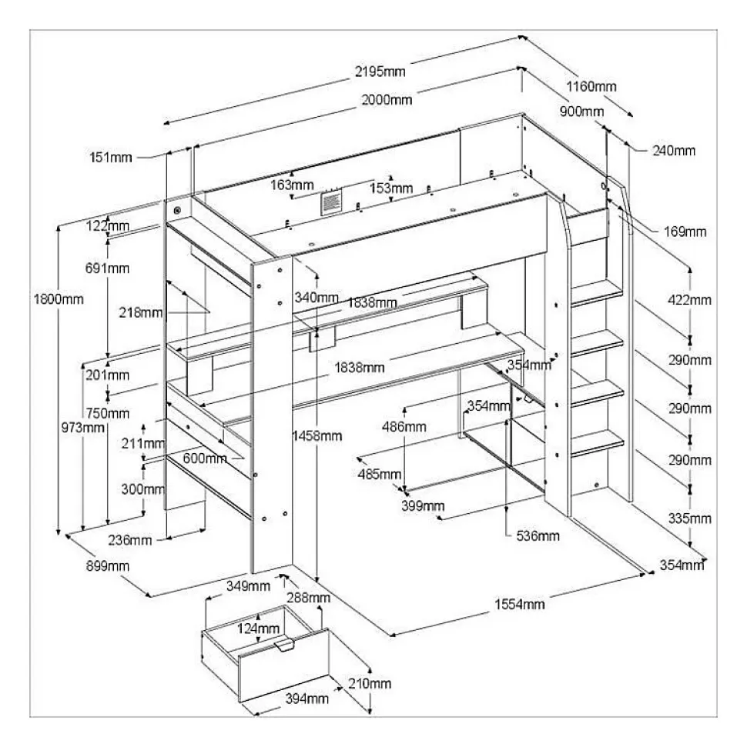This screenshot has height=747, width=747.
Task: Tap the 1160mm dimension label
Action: click(x=591, y=86)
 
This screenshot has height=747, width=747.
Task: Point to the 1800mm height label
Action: click(x=59, y=298)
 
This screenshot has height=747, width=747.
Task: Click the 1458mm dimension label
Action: click(x=317, y=436)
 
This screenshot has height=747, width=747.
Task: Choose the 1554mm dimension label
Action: click(x=519, y=605)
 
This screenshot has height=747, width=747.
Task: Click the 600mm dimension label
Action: click(x=205, y=459)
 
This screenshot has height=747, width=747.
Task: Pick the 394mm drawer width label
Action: click(x=306, y=699)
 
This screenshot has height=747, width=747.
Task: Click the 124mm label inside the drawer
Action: click(x=259, y=629)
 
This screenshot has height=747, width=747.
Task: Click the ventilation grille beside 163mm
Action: click(x=331, y=203)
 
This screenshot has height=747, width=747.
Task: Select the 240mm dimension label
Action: click(x=672, y=151)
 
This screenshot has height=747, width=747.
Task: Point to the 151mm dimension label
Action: click(x=109, y=158)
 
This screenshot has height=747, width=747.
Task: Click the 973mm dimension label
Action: click(x=82, y=428)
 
